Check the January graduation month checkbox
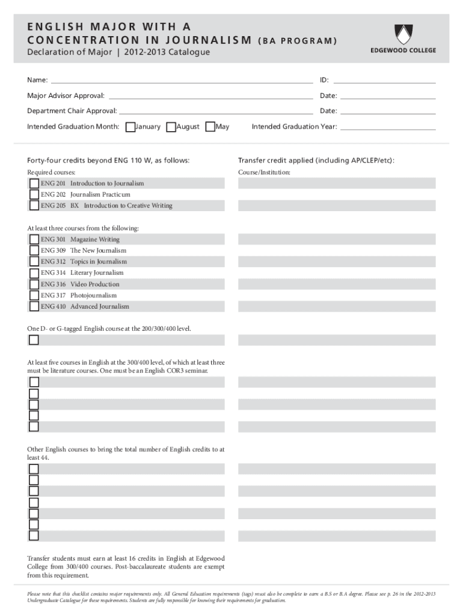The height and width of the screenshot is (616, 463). click(x=129, y=127)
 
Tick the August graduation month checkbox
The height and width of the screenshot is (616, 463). click(x=171, y=127)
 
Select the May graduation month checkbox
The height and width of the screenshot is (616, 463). click(x=210, y=127)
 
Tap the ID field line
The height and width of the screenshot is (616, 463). click(x=384, y=81)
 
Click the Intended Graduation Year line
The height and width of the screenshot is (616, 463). click(x=388, y=127)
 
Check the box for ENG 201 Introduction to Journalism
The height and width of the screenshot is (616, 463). click(x=34, y=183)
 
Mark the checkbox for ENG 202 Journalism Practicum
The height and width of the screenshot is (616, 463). click(x=34, y=195)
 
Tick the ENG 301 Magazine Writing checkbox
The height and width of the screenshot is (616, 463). click(x=34, y=239)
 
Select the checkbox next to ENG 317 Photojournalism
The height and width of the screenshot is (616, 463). click(x=34, y=295)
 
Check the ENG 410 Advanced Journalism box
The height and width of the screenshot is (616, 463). click(x=34, y=307)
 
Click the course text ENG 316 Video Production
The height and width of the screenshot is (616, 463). click(x=80, y=285)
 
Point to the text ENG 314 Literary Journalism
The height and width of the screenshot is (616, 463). click(x=82, y=273)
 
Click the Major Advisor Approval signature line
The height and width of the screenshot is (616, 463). click(x=210, y=96)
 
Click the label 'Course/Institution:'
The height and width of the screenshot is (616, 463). click(x=264, y=173)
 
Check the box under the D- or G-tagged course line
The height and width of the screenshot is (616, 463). click(x=34, y=340)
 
